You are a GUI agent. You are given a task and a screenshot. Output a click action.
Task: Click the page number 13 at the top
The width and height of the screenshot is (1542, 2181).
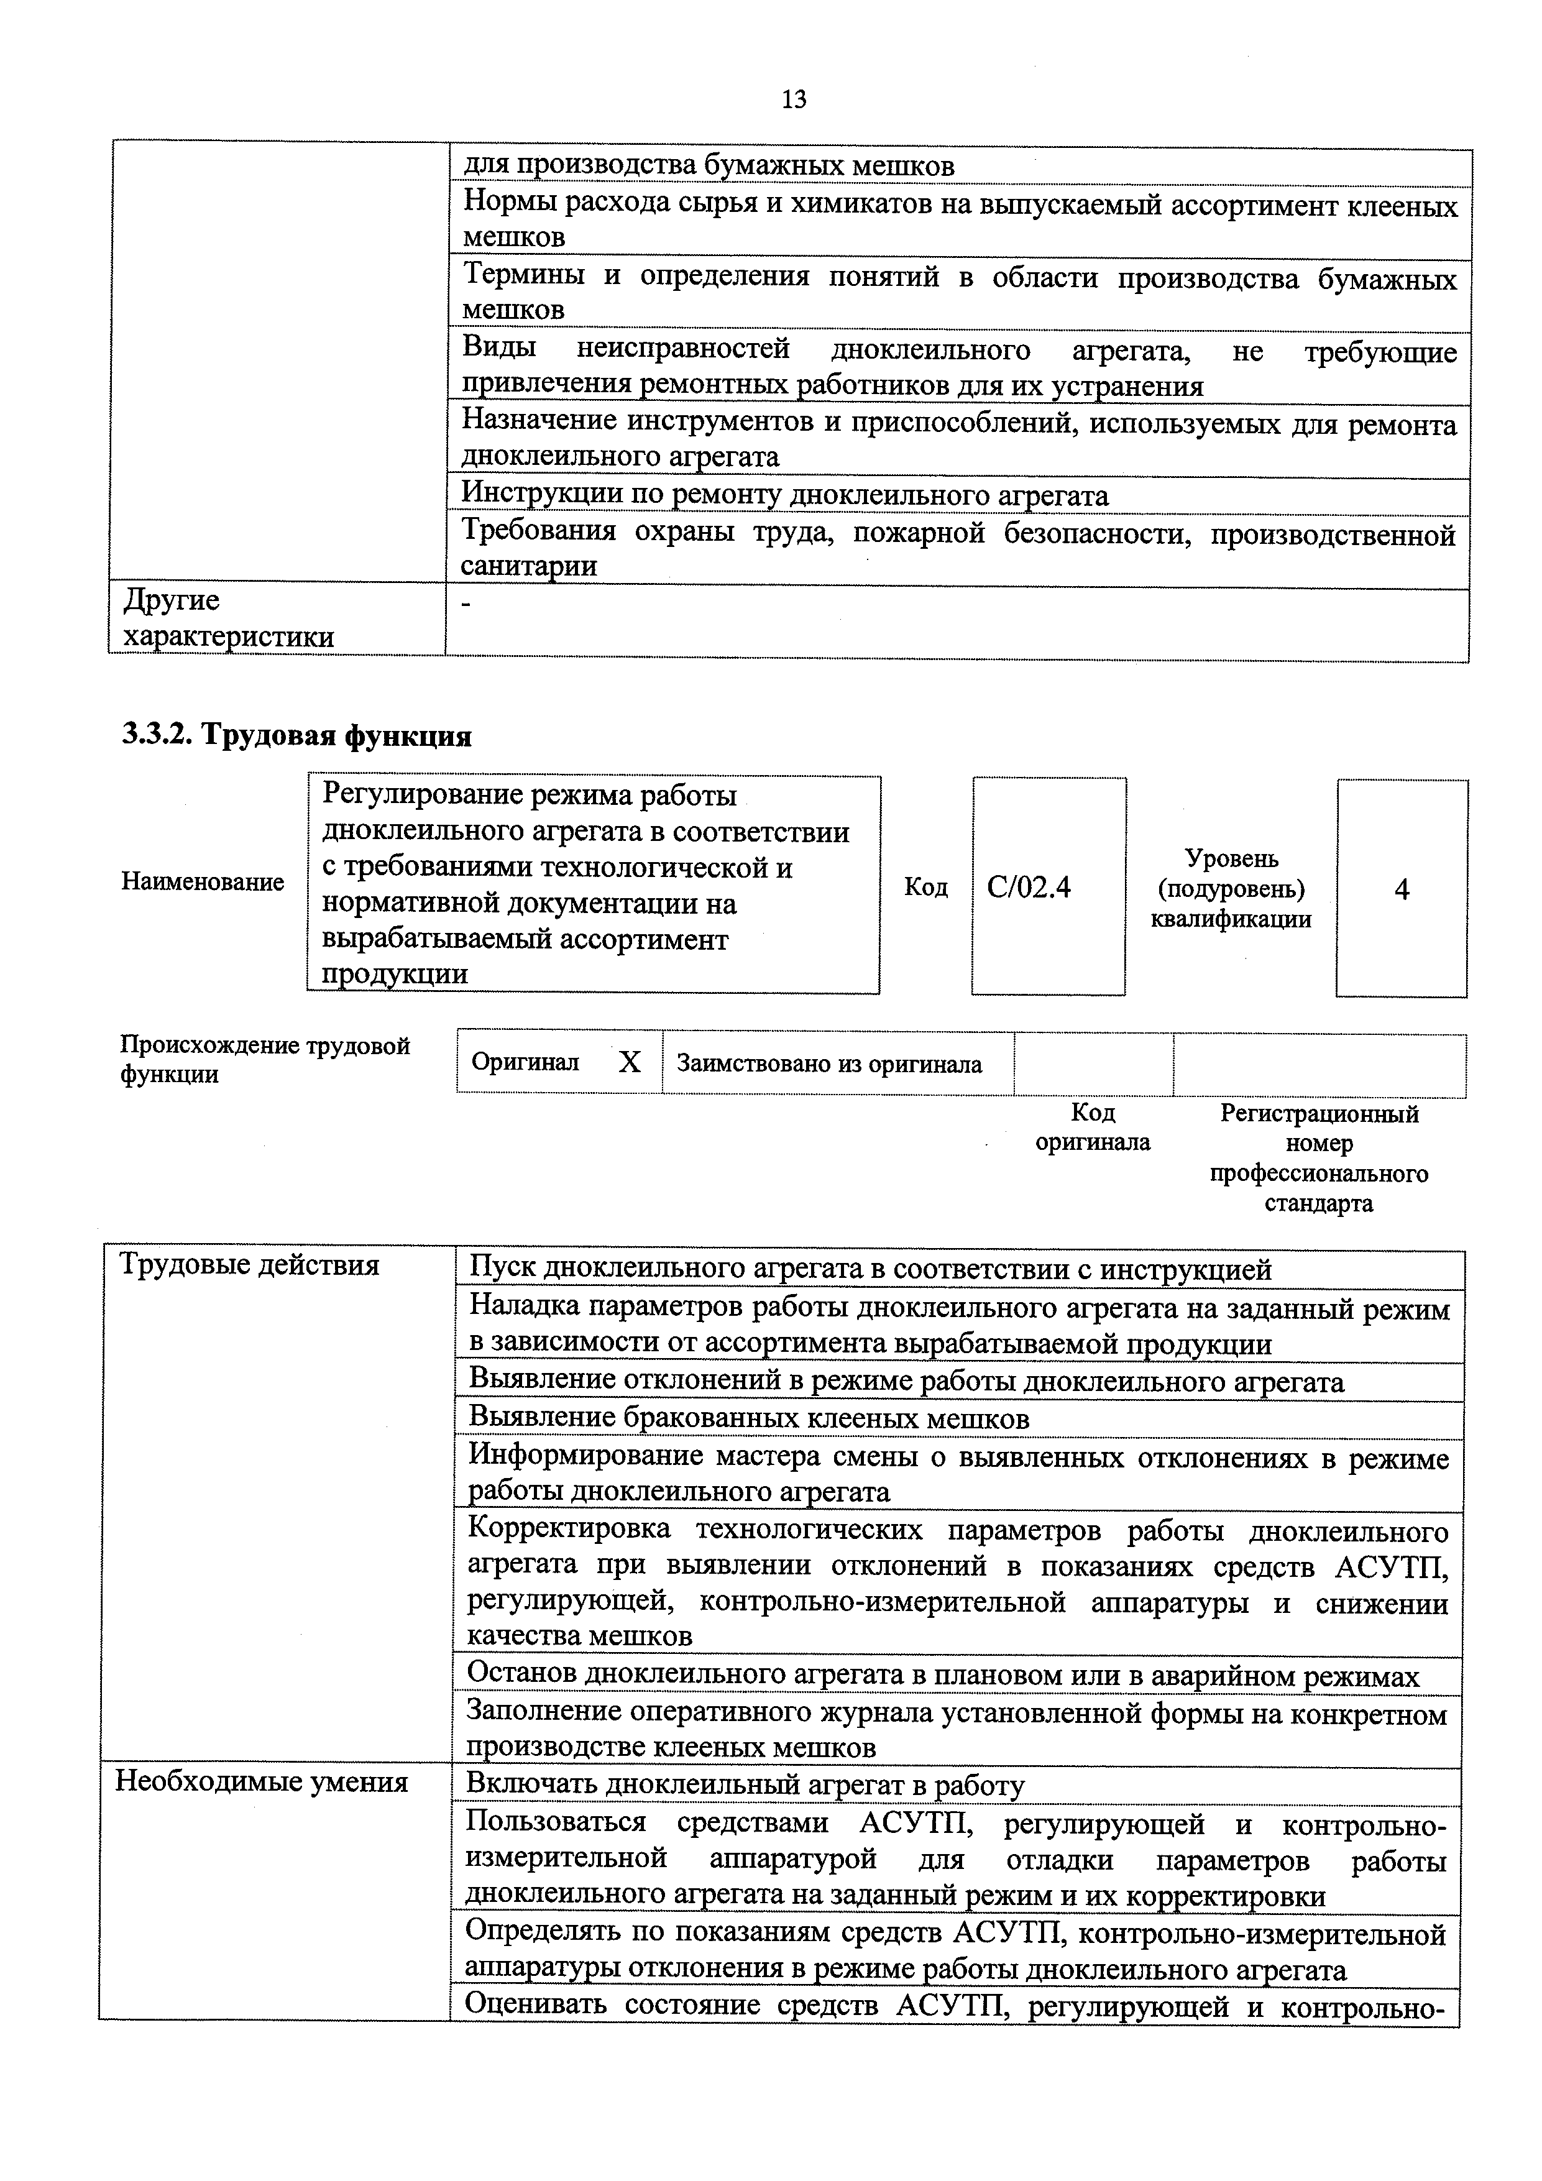pyautogui.click(x=793, y=99)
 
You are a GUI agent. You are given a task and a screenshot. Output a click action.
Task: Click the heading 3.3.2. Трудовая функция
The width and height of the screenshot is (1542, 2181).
pyautogui.click(x=296, y=736)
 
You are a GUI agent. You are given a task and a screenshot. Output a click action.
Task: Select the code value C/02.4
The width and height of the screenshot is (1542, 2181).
pyautogui.click(x=1029, y=887)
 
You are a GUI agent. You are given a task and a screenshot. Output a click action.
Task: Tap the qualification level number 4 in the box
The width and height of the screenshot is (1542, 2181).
pyautogui.click(x=1402, y=889)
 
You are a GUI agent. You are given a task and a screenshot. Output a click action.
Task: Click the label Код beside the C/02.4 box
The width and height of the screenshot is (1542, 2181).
pyautogui.click(x=925, y=887)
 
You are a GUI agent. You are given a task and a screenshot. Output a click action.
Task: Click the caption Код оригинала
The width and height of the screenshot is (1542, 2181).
pyautogui.click(x=1093, y=1127)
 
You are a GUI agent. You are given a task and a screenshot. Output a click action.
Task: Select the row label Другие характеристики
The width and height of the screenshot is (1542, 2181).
pyautogui.click(x=228, y=617)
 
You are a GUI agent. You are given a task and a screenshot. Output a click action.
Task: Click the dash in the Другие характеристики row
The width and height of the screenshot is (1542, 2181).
pyautogui.click(x=466, y=605)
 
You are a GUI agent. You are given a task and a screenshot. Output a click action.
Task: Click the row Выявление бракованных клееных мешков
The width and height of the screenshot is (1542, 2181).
pyautogui.click(x=749, y=1418)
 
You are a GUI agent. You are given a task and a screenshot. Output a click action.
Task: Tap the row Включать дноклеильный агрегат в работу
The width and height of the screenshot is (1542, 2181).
pyautogui.click(x=746, y=1785)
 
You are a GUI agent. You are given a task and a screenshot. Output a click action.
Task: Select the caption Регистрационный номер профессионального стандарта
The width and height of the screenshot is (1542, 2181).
pyautogui.click(x=1319, y=1157)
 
